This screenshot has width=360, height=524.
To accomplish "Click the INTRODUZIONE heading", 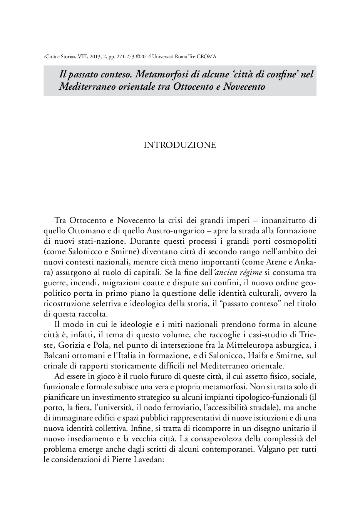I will point(180,145).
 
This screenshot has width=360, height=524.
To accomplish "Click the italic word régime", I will point(249,272).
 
